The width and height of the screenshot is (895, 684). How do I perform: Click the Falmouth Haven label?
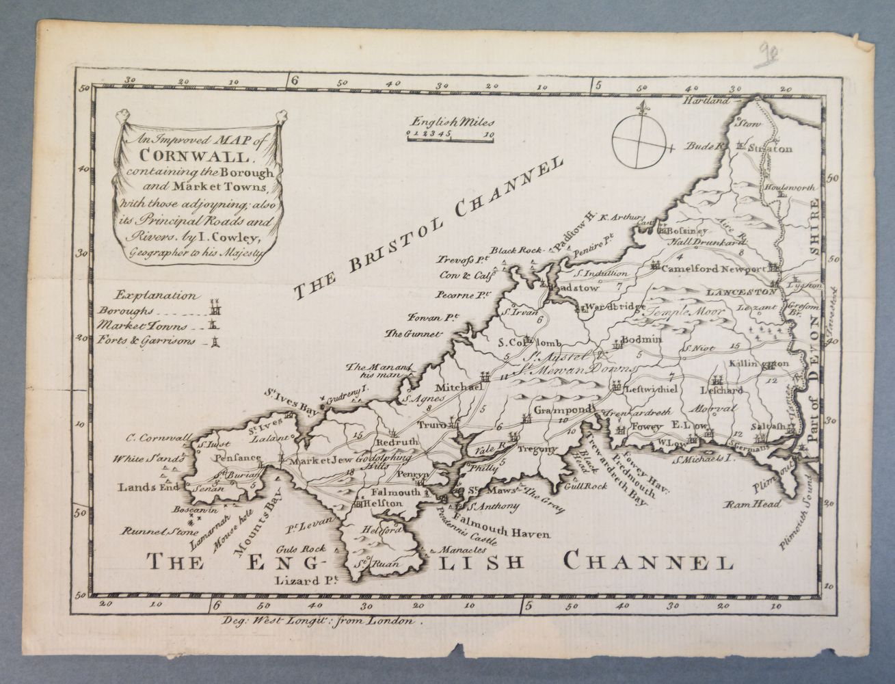pos(511,534)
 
